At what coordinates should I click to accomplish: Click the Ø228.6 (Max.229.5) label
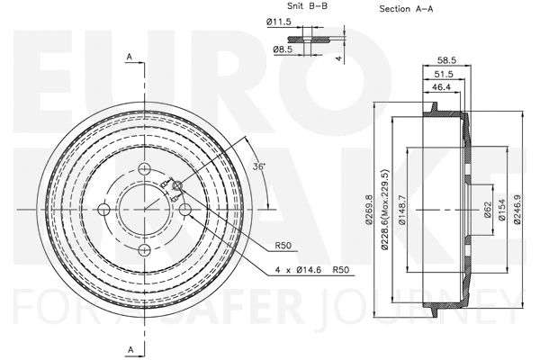[384, 210]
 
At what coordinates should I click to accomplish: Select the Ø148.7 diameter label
[401, 210]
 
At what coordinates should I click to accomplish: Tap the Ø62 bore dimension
[488, 210]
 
